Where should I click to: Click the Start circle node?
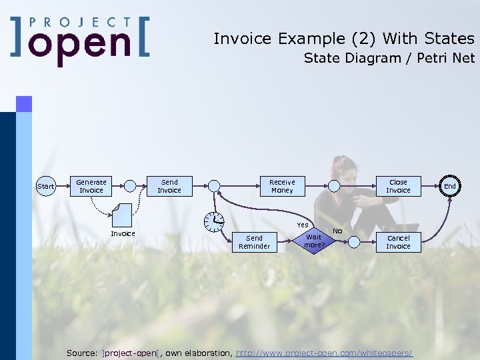(x=46, y=186)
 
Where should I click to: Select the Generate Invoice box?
(x=91, y=186)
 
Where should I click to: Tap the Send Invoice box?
(x=169, y=186)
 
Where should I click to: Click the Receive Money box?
(x=282, y=186)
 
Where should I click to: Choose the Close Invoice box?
(x=398, y=186)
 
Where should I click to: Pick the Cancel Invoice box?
(x=398, y=242)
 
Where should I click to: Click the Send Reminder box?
(x=255, y=242)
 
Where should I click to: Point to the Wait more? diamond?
(x=313, y=241)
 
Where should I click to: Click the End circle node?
(x=450, y=186)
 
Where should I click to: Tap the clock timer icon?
(x=214, y=220)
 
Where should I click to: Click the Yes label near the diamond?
(x=303, y=225)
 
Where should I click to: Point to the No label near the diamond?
(x=337, y=231)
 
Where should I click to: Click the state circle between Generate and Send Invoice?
(x=131, y=186)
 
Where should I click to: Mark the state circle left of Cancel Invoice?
(x=355, y=242)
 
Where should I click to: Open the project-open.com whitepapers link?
(x=325, y=352)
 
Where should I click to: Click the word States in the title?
(x=449, y=39)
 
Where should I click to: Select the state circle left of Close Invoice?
(x=333, y=186)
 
